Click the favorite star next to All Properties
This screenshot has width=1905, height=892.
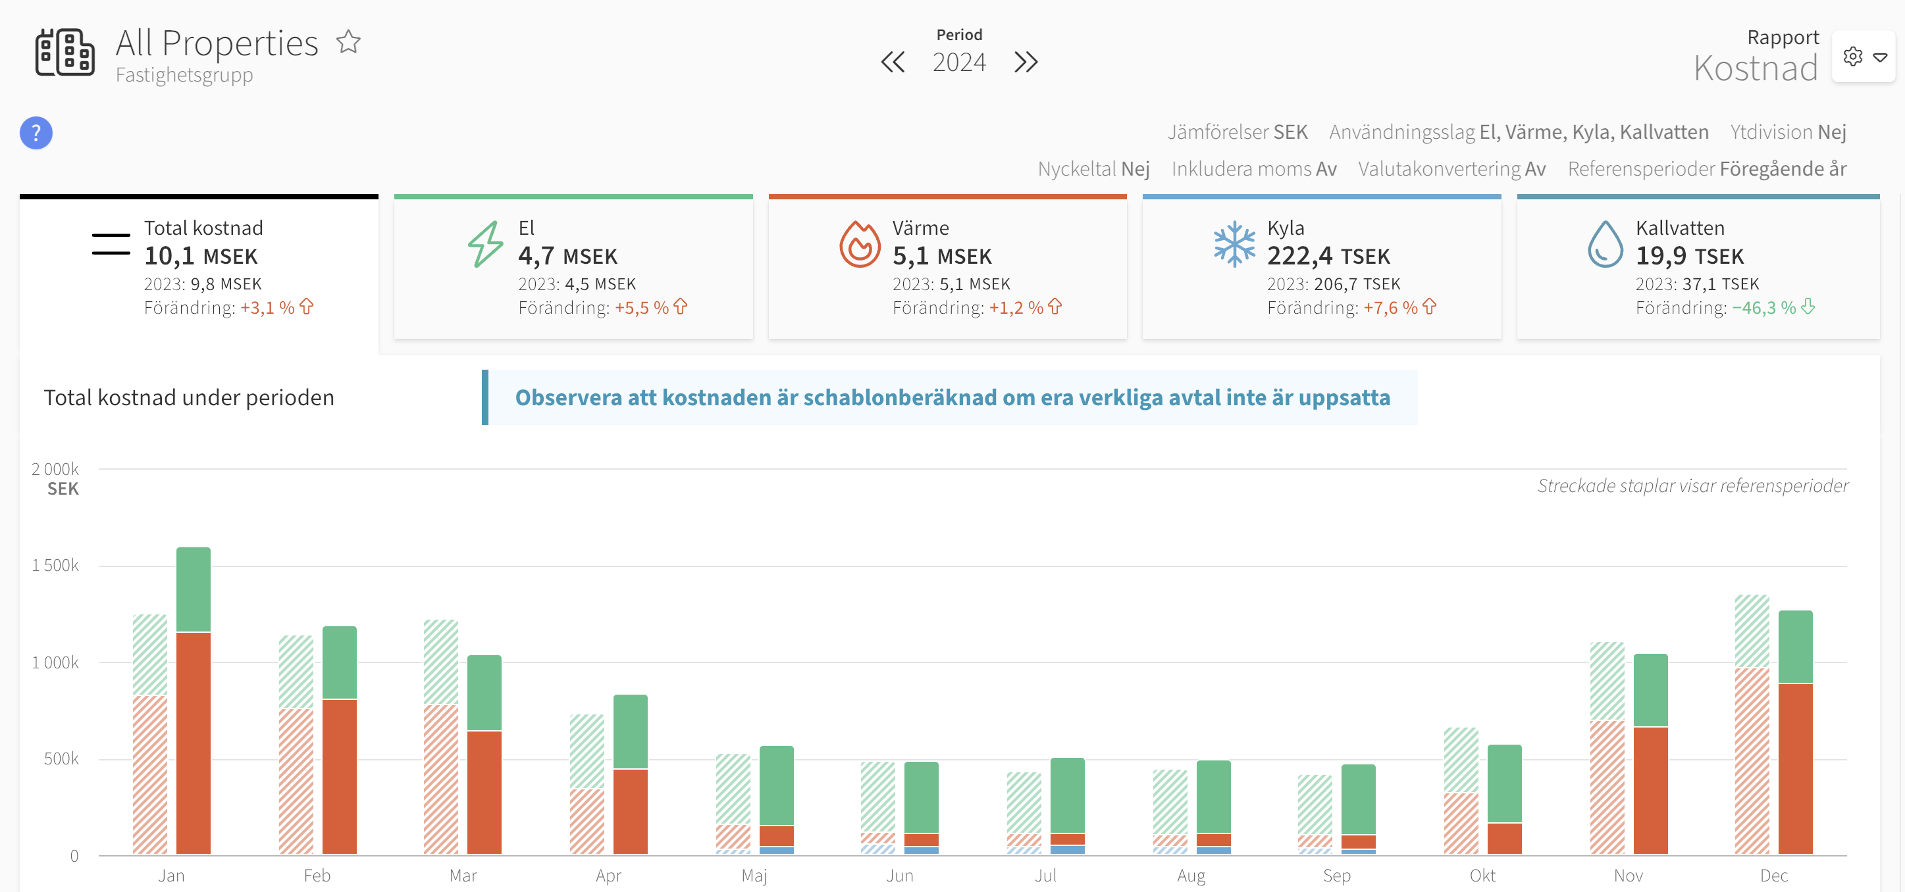point(348,41)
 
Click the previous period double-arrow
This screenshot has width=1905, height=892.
point(893,62)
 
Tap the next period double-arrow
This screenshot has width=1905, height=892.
point(1026,62)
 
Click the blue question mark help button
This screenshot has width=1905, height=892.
point(36,133)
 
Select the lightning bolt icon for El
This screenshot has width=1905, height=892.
point(486,244)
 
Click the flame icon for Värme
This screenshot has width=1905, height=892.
point(859,244)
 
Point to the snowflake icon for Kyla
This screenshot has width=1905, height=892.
point(1234,244)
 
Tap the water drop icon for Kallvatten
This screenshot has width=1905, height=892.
point(1605,244)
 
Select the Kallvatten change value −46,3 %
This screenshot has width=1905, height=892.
point(1763,307)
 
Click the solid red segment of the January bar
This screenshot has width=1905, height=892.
point(194,743)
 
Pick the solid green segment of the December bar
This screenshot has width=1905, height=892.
point(1795,647)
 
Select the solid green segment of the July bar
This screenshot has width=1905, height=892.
point(1067,796)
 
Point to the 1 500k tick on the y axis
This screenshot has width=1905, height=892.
point(55,565)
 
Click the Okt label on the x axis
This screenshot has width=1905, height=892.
point(1482,876)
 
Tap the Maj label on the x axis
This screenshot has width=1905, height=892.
point(754,876)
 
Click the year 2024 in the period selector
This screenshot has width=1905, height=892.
point(959,62)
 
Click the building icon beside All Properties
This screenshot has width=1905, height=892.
point(65,53)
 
